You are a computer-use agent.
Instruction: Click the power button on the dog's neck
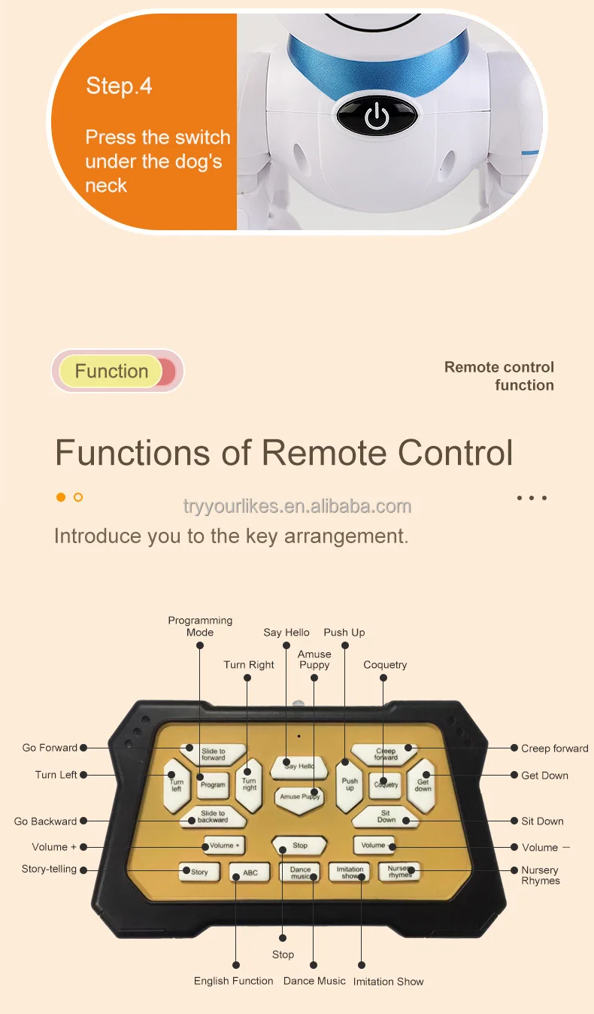[x=376, y=117]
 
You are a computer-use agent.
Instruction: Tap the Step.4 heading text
[x=119, y=86]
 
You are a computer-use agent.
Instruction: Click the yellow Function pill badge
[x=111, y=372]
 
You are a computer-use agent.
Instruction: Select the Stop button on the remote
[x=299, y=846]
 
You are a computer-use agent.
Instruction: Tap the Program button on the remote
[x=213, y=785]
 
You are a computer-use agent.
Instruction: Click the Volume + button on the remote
[x=223, y=846]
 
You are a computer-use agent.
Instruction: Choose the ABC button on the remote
[x=250, y=873]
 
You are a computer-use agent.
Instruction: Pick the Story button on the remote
[x=199, y=872]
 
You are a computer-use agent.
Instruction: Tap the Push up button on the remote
[x=350, y=785]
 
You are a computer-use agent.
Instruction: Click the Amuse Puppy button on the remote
[x=299, y=797]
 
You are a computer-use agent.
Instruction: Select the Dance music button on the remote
[x=300, y=873]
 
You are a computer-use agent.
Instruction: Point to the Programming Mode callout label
[x=200, y=627]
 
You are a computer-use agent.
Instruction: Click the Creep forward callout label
[x=554, y=748]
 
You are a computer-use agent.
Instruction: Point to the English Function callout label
[x=234, y=981]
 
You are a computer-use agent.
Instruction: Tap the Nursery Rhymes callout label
[x=540, y=876]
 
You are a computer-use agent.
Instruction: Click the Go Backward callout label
[x=45, y=821]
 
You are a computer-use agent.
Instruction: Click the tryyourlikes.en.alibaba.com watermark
[x=298, y=506]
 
